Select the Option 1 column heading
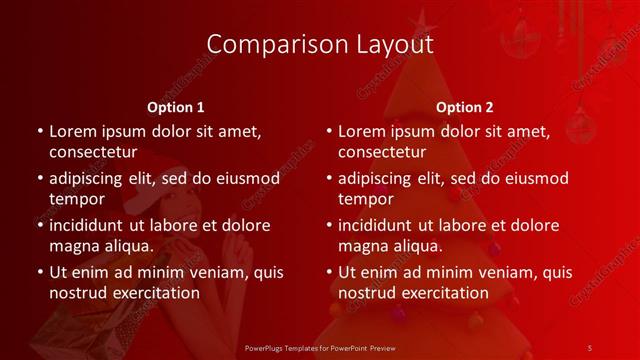point(176,106)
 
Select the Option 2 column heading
point(465,106)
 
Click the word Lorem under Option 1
point(74,131)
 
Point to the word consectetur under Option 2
point(382,152)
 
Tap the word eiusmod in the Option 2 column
point(532,178)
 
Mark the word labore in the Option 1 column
point(181,225)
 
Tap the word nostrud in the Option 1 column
point(77,293)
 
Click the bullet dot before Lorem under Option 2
point(328,132)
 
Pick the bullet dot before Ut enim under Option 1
point(39,273)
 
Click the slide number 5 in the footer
point(590,347)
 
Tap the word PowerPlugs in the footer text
point(264,347)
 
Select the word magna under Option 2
point(362,246)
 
